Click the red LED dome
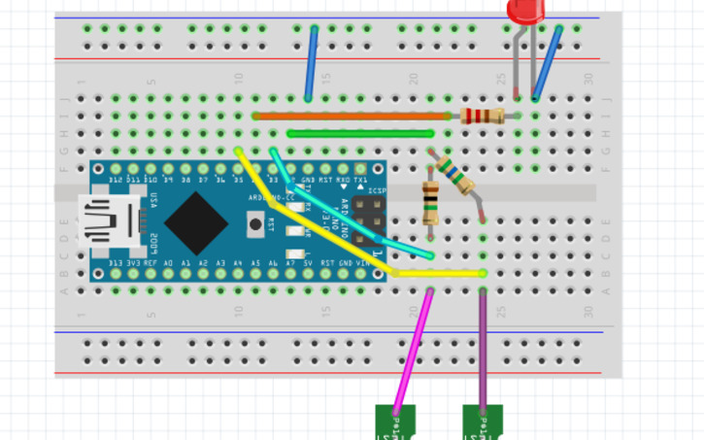pos(526,11)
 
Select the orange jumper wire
pos(350,117)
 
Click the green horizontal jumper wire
pos(359,134)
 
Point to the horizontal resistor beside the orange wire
pos(482,117)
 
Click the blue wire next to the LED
pos(546,64)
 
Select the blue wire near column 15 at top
pos(311,63)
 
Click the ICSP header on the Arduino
pos(365,221)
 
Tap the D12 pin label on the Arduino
pos(116,180)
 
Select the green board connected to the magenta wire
pos(395,423)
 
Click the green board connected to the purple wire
pos(483,423)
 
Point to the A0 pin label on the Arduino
pos(169,263)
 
